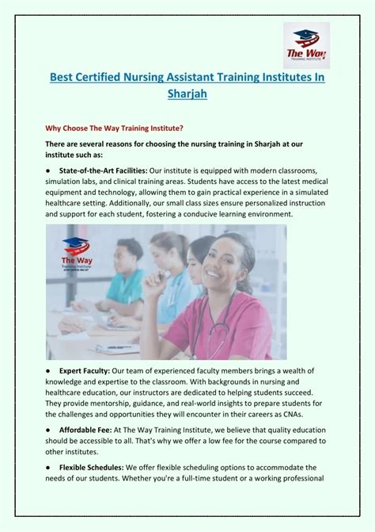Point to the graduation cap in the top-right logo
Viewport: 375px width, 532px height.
coord(305,36)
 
